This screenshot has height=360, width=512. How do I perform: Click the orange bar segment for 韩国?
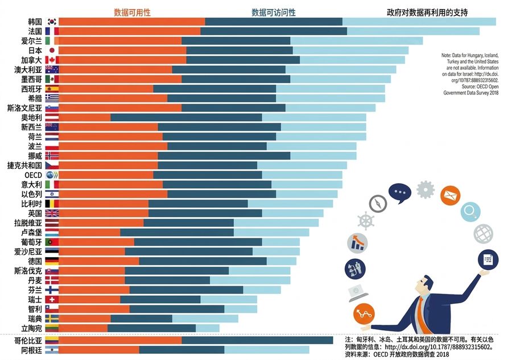(132, 22)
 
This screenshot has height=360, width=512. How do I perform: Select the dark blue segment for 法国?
(274, 31)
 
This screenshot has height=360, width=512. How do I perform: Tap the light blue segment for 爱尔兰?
(357, 41)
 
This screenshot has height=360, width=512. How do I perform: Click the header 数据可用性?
(132, 13)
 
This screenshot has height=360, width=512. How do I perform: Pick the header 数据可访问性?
(274, 13)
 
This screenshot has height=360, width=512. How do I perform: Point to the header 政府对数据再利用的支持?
(427, 13)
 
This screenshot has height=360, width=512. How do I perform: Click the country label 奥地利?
(32, 118)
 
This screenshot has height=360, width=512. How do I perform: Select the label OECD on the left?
(34, 175)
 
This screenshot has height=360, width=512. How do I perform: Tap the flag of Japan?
(52, 50)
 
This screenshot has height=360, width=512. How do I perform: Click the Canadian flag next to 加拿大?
(52, 60)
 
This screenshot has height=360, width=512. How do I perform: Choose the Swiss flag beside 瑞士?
(52, 300)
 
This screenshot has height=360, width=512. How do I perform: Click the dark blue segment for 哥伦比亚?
(257, 341)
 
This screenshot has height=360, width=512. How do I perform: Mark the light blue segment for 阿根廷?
(267, 350)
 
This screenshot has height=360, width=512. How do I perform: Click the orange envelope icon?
(451, 196)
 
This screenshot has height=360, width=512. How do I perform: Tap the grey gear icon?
(426, 189)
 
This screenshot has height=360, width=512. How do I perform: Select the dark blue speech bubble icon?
(400, 193)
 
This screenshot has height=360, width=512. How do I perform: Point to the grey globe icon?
(483, 234)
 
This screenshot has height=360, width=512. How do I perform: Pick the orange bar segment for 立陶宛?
(83, 328)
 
